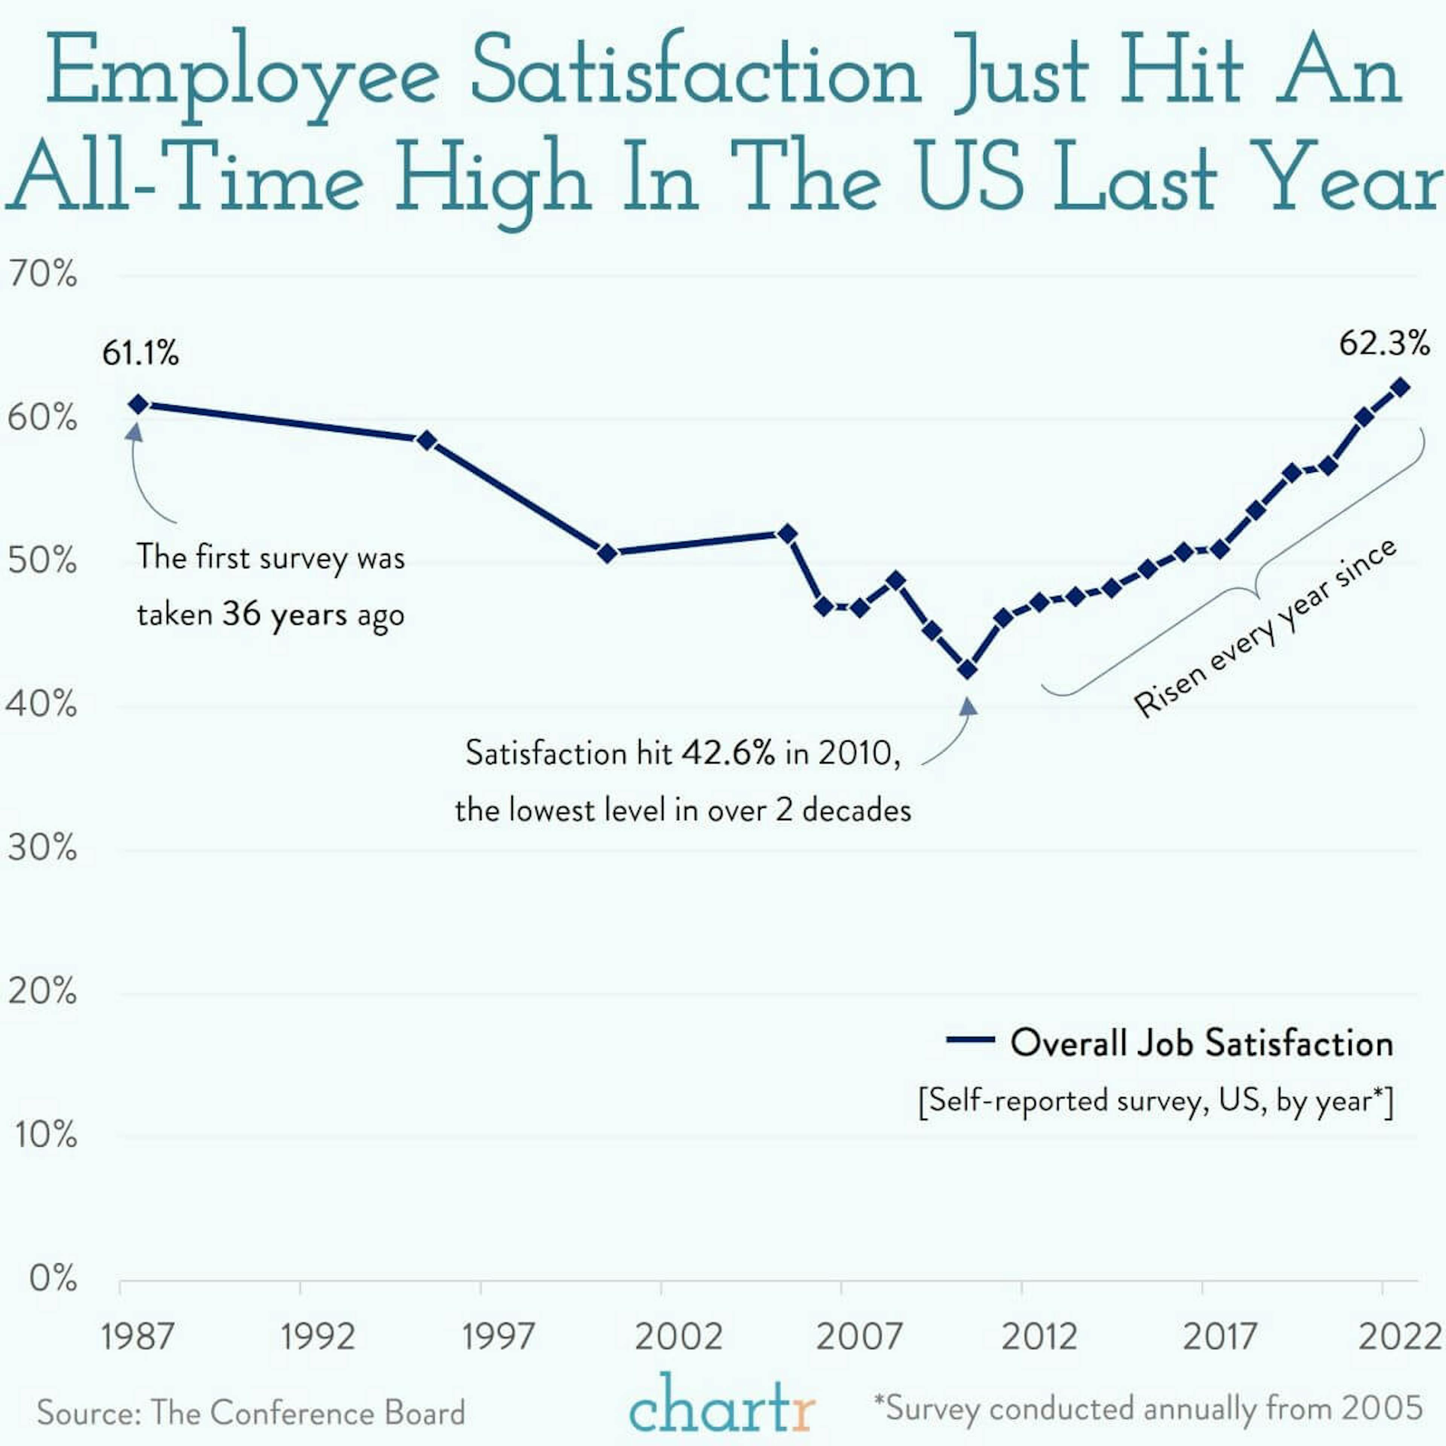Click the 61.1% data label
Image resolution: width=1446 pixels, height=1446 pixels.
pyautogui.click(x=141, y=353)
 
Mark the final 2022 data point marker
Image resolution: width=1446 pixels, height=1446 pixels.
pyautogui.click(x=1400, y=387)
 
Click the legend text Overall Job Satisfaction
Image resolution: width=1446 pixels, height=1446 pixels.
pyautogui.click(x=1201, y=1043)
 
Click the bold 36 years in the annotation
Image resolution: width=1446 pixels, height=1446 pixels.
pyautogui.click(x=284, y=615)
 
